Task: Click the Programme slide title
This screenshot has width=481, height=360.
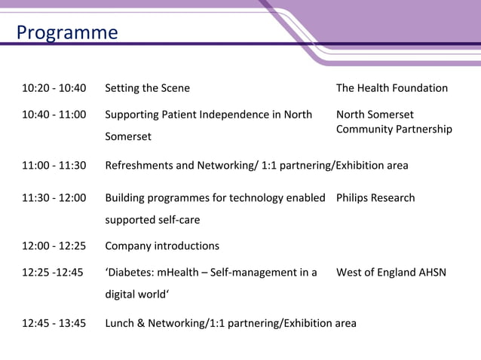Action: (x=67, y=33)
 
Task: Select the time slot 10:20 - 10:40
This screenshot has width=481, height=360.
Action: (x=54, y=88)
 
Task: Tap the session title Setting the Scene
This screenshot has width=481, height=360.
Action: (x=147, y=88)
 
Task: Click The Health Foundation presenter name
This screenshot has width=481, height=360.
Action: (x=391, y=88)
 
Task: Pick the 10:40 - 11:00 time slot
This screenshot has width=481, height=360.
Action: (x=54, y=114)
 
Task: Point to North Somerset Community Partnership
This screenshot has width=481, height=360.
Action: (x=394, y=122)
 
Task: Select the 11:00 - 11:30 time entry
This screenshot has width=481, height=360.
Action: (x=54, y=165)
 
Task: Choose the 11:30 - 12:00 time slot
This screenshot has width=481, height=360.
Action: (x=54, y=197)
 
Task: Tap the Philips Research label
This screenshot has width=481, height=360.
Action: (x=375, y=197)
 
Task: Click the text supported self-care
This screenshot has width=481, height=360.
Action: (x=152, y=220)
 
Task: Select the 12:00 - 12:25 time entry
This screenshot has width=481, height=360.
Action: (x=54, y=246)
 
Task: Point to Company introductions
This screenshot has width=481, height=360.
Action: (x=162, y=246)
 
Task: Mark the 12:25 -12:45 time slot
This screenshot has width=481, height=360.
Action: (x=53, y=272)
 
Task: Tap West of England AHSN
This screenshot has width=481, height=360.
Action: (x=391, y=272)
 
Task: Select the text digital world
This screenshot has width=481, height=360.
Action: (x=136, y=294)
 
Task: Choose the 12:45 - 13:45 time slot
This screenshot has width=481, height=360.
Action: (x=54, y=323)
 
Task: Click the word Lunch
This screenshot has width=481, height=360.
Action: (x=120, y=323)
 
